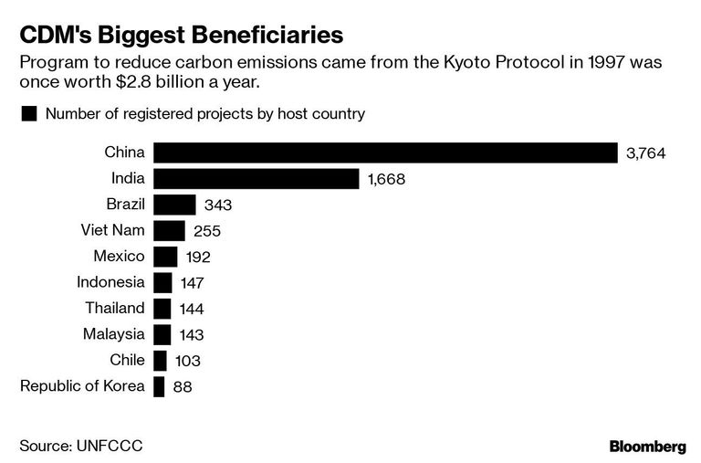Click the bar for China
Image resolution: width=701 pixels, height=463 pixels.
pos(385,153)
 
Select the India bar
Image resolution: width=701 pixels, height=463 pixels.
pos(256,179)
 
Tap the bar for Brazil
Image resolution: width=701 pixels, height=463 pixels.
pos(174,205)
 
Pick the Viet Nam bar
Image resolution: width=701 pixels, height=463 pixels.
pos(169,231)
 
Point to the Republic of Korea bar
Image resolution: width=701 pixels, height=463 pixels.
pos(159,386)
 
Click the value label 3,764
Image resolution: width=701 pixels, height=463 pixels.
pos(645,153)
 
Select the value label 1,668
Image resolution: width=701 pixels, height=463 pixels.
pos(386,179)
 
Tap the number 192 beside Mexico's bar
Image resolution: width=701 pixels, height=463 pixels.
pos(198,258)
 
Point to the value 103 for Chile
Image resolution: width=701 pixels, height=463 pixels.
pos(188,361)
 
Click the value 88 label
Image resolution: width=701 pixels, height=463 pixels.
pos(183,387)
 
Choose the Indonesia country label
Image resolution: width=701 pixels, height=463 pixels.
pos(110,282)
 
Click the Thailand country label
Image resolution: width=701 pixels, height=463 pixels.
pos(115,309)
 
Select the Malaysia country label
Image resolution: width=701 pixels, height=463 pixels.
pos(113,334)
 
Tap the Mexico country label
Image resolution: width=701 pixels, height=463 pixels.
pos(119,257)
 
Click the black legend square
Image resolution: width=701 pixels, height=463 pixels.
pos(29,114)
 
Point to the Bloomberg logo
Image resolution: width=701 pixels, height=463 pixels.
pos(648,447)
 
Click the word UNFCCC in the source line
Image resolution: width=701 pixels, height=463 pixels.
pos(110,446)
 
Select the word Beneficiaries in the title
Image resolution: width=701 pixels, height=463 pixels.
pos(265,35)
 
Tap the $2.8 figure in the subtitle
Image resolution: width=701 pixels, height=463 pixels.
pos(133,82)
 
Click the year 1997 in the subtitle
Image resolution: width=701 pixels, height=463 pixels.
pos(606,62)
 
